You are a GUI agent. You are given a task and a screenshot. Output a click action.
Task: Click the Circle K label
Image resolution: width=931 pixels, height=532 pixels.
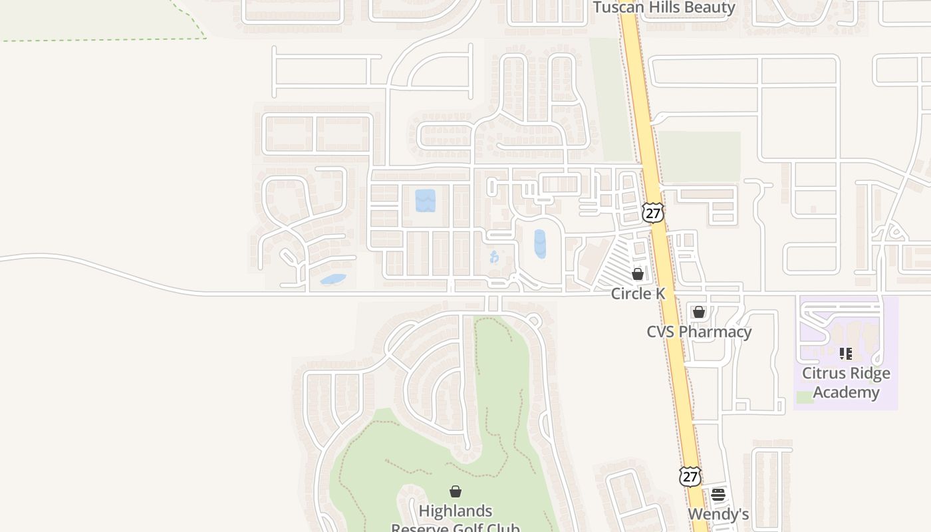(638, 293)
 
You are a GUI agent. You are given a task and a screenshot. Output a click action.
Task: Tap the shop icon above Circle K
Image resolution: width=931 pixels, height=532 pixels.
(638, 273)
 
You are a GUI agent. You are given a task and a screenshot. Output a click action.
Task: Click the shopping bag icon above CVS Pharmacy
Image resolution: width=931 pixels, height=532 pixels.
(699, 312)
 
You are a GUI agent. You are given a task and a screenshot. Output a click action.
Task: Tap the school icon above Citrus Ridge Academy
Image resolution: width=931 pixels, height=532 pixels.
(846, 354)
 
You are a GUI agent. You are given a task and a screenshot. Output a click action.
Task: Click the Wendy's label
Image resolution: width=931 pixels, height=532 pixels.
(718, 514)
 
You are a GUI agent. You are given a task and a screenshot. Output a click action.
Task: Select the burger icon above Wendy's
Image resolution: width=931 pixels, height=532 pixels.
(718, 494)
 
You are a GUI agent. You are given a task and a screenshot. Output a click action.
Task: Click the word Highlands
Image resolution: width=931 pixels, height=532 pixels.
(456, 511)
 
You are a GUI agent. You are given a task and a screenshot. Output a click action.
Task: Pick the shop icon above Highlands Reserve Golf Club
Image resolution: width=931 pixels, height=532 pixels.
(456, 492)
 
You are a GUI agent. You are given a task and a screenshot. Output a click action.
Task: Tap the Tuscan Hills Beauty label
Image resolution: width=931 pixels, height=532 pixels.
(664, 8)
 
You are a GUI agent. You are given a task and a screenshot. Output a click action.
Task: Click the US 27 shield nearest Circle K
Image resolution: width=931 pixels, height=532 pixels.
(653, 213)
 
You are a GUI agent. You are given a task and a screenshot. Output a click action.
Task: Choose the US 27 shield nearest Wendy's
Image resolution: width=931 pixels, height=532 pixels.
(690, 476)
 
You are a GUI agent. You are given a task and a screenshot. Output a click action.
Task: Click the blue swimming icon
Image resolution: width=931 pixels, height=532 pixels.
(494, 257)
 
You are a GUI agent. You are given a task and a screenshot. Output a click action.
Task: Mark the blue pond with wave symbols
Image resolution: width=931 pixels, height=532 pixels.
(426, 200)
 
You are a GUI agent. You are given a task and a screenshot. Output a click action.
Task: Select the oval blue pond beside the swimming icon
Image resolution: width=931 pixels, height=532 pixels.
(540, 244)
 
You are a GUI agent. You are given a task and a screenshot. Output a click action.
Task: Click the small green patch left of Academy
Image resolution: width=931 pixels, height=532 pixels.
(805, 397)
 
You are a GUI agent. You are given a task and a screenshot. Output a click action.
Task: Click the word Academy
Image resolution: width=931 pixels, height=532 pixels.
(846, 392)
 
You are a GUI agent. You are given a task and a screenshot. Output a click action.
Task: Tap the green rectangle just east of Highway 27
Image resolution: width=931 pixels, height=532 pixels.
(698, 157)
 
